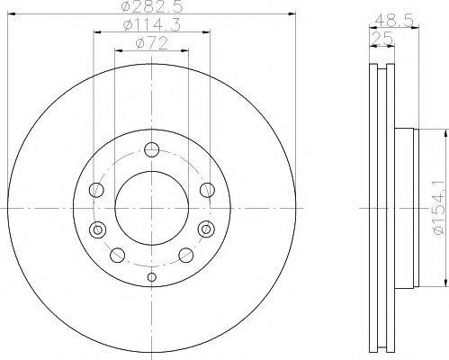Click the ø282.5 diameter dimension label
(x=152, y=6)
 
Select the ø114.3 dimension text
(x=152, y=25)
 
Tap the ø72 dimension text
(x=151, y=44)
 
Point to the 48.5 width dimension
(x=395, y=21)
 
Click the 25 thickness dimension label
(x=382, y=39)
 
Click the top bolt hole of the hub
(x=151, y=149)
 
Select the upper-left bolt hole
(x=96, y=190)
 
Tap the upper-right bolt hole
(x=207, y=190)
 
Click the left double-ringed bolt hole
(x=97, y=229)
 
